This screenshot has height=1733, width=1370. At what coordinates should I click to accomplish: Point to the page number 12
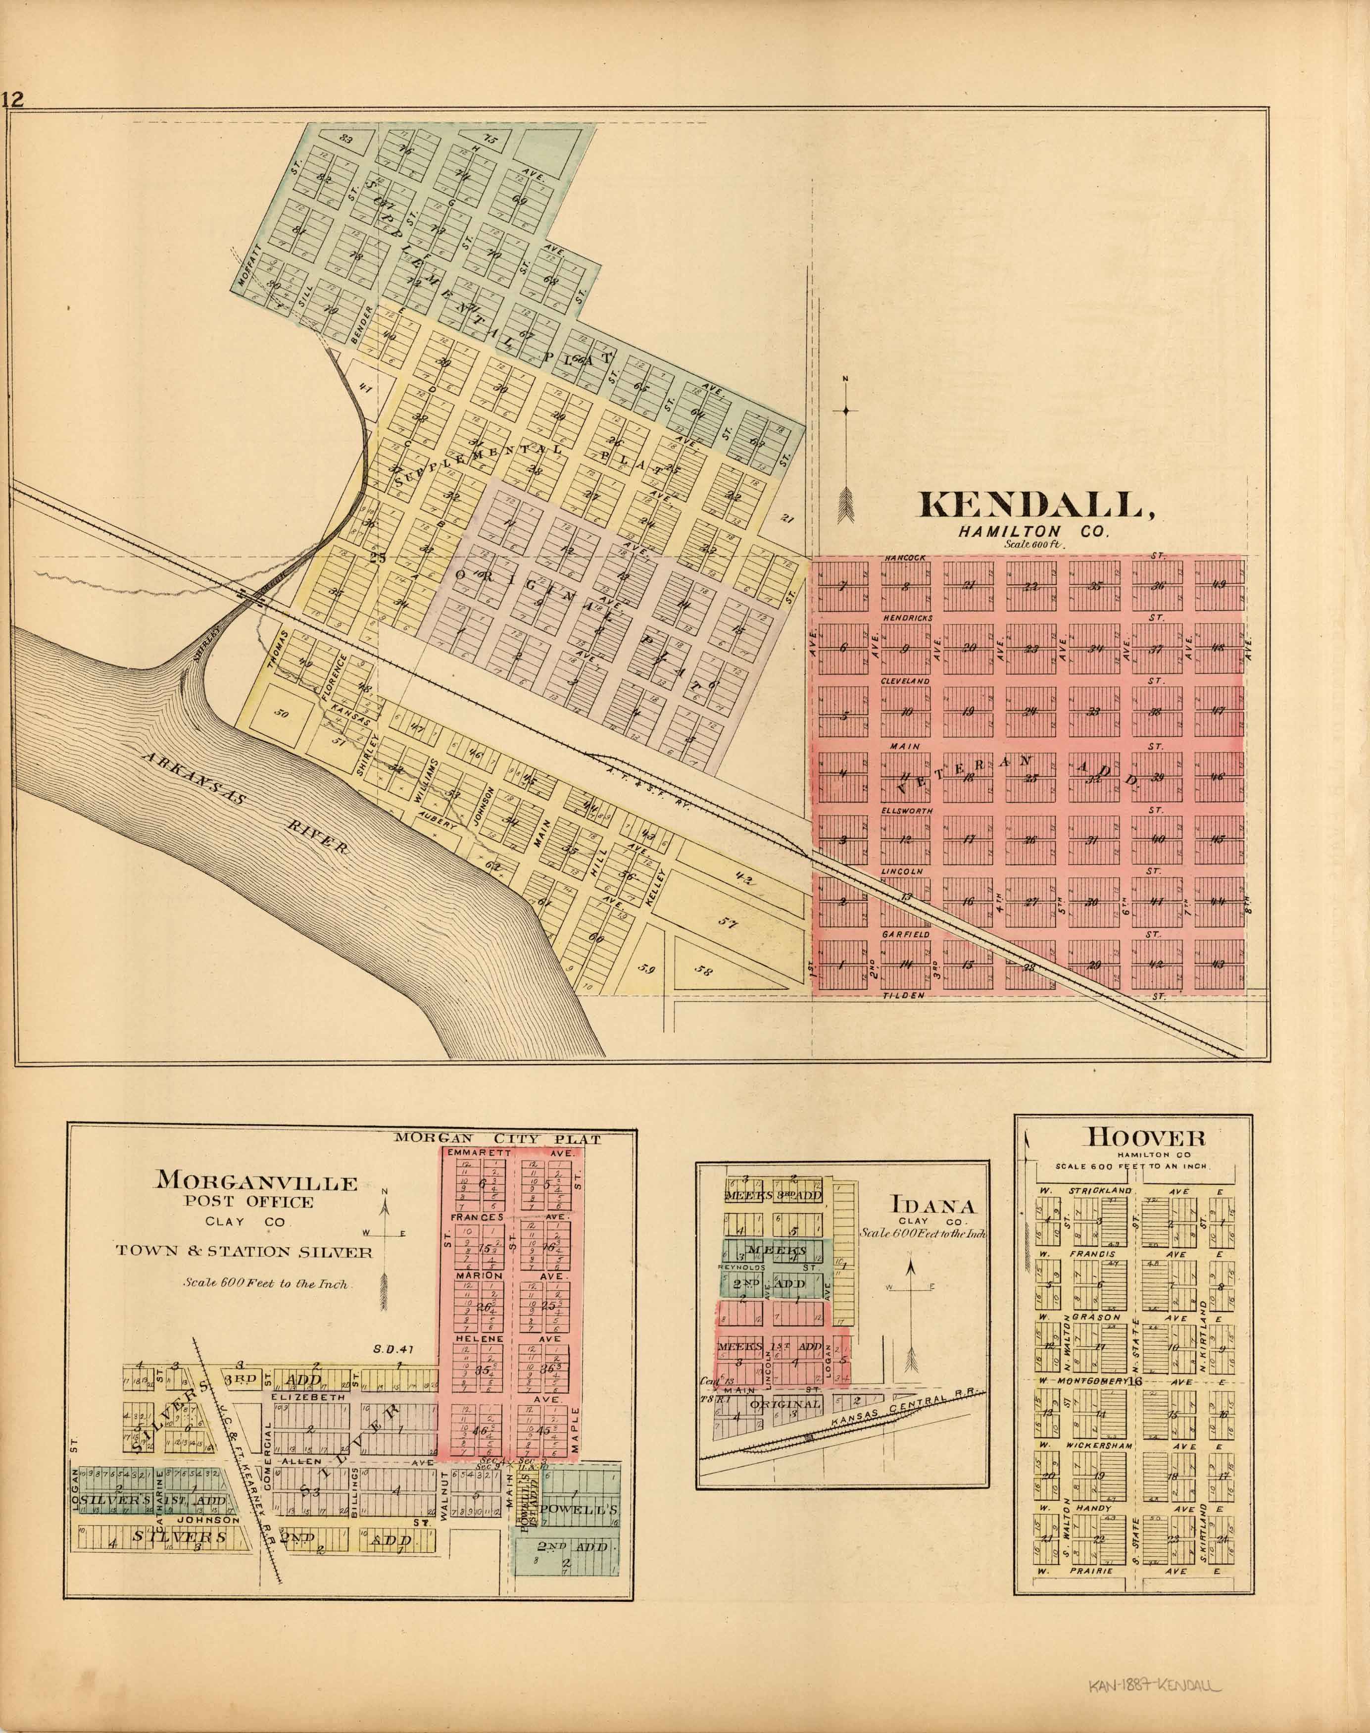click(14, 99)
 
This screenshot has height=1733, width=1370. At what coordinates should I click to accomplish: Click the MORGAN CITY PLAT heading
click(497, 1138)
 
